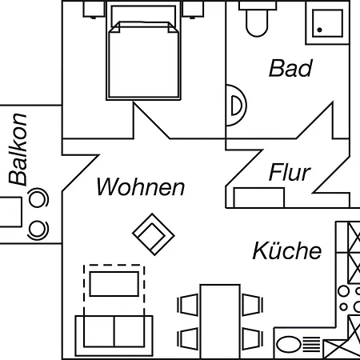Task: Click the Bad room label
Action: coord(290,68)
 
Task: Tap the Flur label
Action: coord(290,172)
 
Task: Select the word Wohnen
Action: coord(141,186)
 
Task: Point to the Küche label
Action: coord(287,250)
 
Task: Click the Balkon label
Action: coord(18,150)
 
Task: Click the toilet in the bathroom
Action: coord(257,18)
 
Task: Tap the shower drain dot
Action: coord(319,30)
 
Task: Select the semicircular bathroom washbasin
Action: coord(236,105)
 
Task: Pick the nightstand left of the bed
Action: coord(94,10)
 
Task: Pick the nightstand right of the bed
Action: coord(193,10)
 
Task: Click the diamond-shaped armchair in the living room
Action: coord(154,234)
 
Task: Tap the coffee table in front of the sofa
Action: coord(114,284)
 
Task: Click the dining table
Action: coord(220,322)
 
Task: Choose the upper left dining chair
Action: coord(188,305)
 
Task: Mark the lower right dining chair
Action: coord(253,339)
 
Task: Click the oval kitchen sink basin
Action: coord(289,345)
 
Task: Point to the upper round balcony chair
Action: coord(38,198)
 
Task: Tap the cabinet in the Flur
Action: coord(259,198)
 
